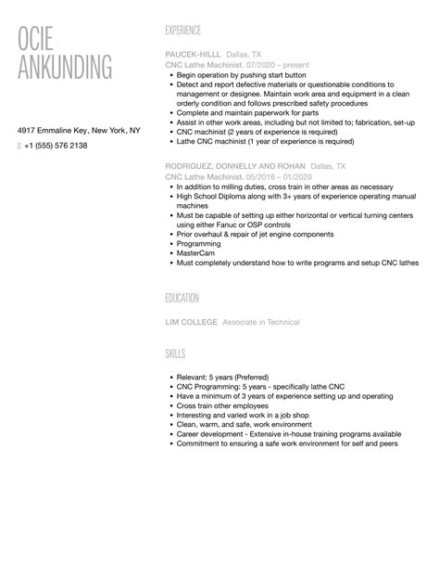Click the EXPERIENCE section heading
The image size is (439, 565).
coord(182,30)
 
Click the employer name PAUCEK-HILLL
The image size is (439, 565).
coord(193,55)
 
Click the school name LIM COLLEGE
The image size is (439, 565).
coord(192,322)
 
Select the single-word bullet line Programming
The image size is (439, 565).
coord(205,243)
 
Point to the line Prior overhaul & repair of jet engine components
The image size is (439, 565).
coord(260,234)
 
